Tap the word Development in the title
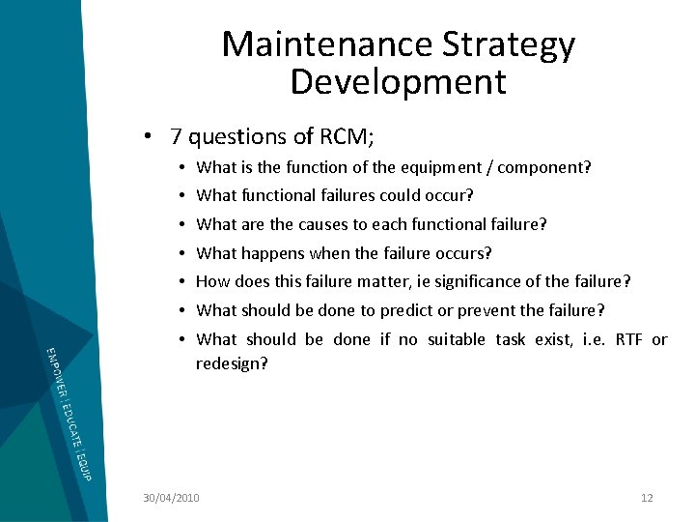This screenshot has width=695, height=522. coord(398,81)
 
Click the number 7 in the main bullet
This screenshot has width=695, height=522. coord(176,137)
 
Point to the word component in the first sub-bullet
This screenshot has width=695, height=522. coord(551,167)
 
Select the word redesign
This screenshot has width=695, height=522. coord(232,363)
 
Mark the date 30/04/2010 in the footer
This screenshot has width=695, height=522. coord(171,498)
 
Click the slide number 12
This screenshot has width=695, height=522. coord(647,498)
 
